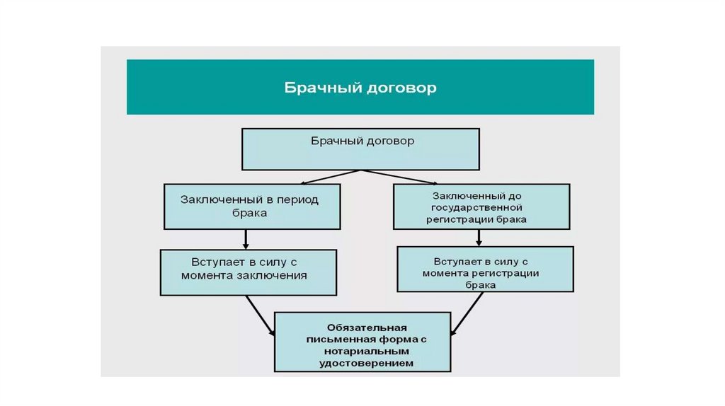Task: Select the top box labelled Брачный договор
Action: point(361,149)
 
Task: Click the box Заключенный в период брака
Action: point(252,207)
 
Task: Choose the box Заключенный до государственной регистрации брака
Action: point(481,207)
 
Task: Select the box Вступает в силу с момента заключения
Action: point(248,272)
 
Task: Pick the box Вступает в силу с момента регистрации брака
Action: point(485,269)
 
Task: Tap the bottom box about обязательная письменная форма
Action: point(362,342)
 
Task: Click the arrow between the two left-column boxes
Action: point(246,239)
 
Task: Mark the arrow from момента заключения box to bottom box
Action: point(261,315)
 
